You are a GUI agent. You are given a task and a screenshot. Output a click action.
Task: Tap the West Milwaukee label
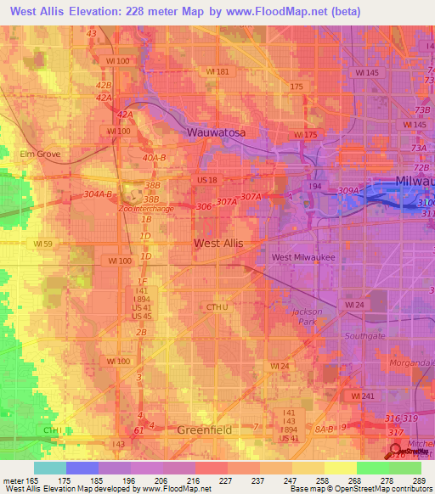pos(303,257)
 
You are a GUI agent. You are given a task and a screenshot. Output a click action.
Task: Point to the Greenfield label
pos(204,430)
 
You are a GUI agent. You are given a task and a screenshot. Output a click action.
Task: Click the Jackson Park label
pos(308,317)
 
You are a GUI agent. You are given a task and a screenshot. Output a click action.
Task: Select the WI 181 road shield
pos(217,72)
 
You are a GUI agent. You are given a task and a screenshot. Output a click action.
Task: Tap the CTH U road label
pos(218,307)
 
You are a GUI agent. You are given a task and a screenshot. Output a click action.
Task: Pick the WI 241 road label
pos(363,396)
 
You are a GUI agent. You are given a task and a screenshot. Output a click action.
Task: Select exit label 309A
pos(349,191)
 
